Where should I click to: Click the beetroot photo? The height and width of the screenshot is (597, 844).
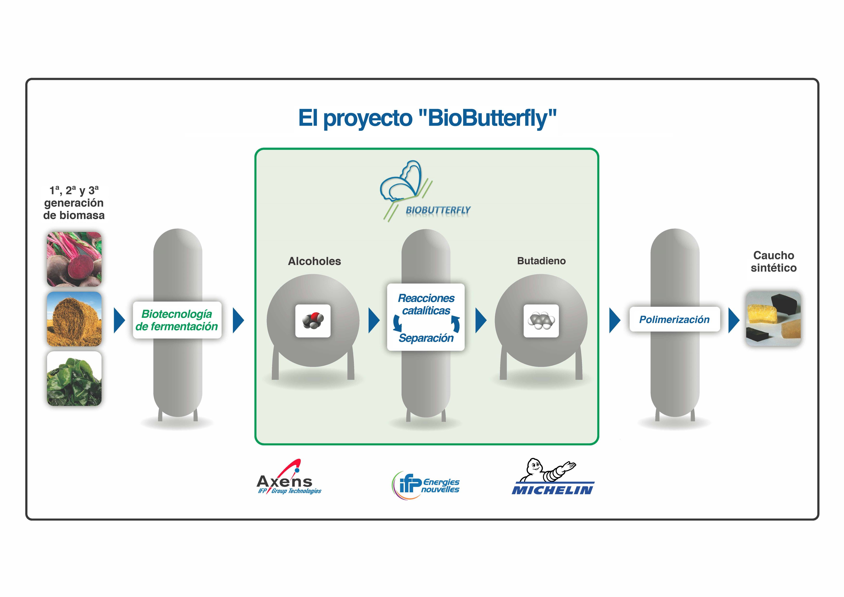click(74, 259)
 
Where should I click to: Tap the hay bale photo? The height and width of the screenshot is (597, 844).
click(74, 319)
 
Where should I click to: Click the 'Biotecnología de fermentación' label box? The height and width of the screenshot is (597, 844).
click(177, 320)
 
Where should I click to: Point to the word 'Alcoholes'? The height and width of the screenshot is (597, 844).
click(314, 261)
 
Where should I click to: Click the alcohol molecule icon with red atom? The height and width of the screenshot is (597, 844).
click(313, 321)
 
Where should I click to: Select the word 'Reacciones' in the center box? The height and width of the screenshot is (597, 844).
click(426, 298)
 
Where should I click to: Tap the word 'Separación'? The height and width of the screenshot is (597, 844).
click(426, 338)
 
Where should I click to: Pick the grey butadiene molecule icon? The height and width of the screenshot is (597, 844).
click(541, 321)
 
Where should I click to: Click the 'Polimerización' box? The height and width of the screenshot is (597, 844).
click(675, 319)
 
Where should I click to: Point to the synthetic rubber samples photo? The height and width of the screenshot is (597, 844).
click(774, 318)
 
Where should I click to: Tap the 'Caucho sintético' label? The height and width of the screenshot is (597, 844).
click(774, 261)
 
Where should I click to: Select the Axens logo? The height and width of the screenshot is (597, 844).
click(289, 477)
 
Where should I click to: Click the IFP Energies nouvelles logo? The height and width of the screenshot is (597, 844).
click(426, 485)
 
